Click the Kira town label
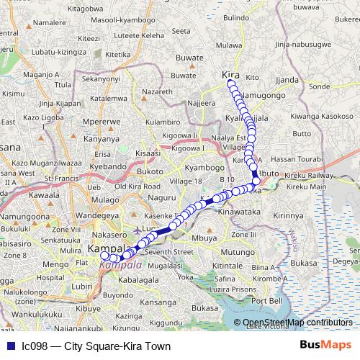(x=230, y=75)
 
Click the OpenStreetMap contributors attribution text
(x=297, y=323)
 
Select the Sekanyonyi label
(x=100, y=78)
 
